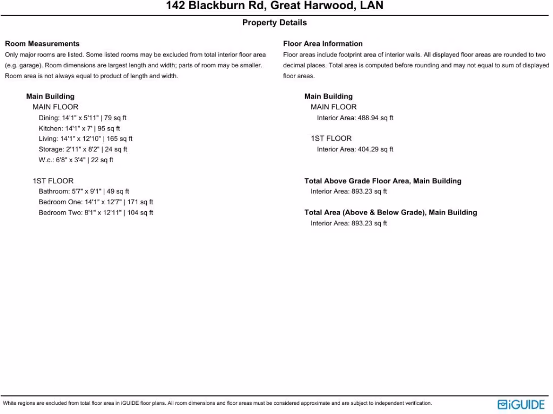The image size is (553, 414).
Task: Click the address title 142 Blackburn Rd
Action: [x=274, y=6]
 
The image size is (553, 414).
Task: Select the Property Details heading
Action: [x=274, y=23]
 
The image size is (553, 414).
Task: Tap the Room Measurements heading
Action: [x=42, y=44]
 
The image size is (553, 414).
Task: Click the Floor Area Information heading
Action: [x=323, y=44]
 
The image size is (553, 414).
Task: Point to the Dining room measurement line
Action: [x=83, y=118]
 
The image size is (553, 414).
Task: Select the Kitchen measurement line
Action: [x=79, y=128]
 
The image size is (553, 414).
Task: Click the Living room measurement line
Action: [x=85, y=139]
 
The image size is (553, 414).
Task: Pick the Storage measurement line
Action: [x=83, y=149]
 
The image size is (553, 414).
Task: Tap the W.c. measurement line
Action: [x=76, y=160]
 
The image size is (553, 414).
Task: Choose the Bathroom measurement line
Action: [x=84, y=191]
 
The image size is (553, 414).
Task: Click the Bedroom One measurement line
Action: [x=96, y=202]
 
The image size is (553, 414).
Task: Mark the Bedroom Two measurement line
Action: [x=96, y=212]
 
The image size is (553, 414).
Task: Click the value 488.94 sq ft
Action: [x=375, y=118]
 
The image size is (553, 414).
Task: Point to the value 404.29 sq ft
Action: [x=375, y=149]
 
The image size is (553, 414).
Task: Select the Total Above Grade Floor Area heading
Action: [x=383, y=181]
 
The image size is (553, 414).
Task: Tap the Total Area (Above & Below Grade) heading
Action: [x=390, y=212]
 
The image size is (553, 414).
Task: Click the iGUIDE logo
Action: [x=521, y=404]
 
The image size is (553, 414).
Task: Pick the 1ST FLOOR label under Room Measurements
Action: [x=53, y=181]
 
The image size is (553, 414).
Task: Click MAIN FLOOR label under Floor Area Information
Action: [x=333, y=107]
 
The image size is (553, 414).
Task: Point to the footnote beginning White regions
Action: [x=217, y=403]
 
